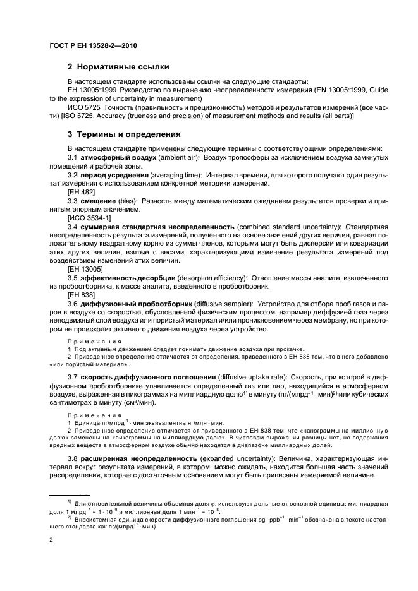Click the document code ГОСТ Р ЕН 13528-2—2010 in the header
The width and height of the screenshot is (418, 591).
[93, 46]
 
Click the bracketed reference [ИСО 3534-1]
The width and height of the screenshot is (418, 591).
[88, 217]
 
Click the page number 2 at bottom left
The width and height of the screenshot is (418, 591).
[51, 540]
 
